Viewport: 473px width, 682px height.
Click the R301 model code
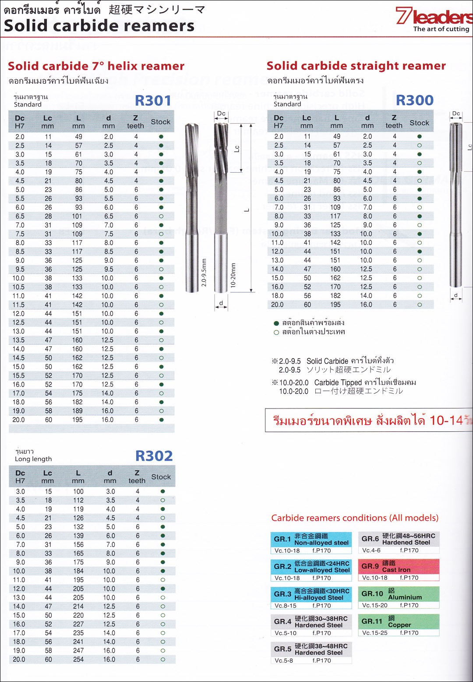click(153, 100)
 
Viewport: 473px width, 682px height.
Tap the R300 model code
click(414, 100)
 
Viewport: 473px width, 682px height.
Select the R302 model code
click(154, 456)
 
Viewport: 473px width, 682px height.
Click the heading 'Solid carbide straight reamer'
click(356, 66)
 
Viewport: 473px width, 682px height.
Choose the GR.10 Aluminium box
click(399, 597)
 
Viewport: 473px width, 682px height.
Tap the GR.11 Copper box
click(399, 625)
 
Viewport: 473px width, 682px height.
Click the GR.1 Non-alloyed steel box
click(311, 543)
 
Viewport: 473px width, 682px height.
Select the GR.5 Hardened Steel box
click(311, 653)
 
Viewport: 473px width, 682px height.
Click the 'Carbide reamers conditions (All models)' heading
click(355, 518)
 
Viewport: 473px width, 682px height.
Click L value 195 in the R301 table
click(78, 419)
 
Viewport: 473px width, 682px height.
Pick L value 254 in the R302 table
click(78, 659)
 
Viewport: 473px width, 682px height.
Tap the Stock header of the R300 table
click(419, 123)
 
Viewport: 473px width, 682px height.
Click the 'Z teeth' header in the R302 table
click(137, 477)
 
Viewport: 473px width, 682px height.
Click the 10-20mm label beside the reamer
click(233, 275)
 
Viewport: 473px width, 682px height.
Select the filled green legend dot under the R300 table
click(276, 323)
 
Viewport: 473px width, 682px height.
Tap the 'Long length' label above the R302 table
click(33, 459)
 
